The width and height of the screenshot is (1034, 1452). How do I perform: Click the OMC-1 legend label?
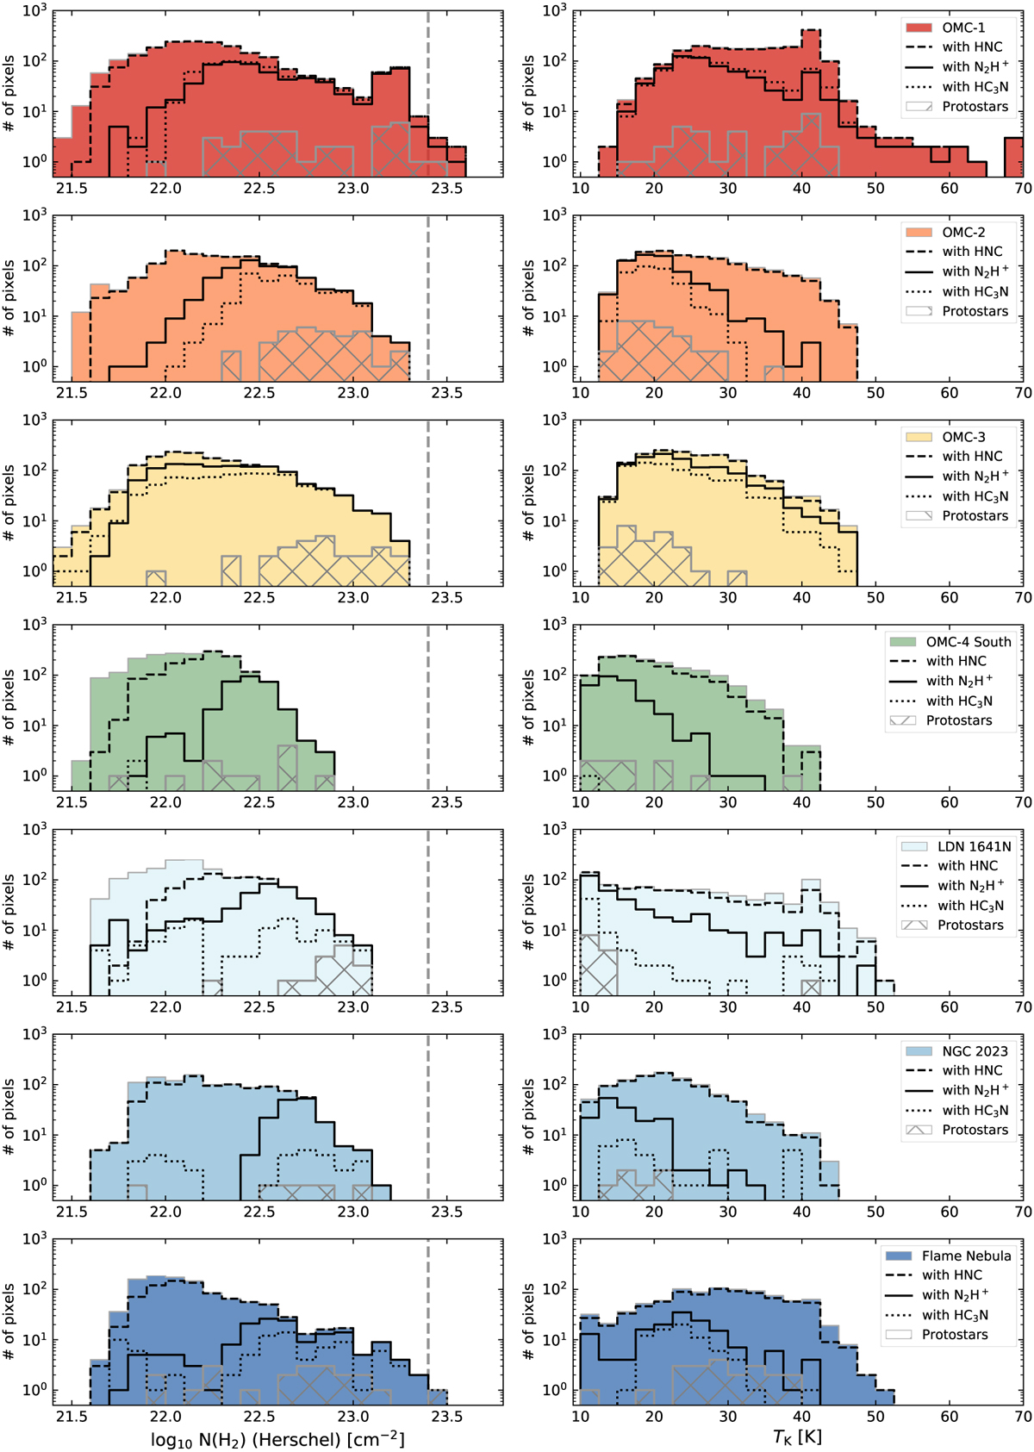click(963, 28)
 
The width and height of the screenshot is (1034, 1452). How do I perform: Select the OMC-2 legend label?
click(963, 232)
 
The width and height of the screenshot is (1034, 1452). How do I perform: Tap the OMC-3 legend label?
click(963, 437)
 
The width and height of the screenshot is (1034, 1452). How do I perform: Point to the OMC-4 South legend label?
click(969, 641)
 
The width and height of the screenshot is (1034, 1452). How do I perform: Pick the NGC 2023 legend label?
click(975, 1050)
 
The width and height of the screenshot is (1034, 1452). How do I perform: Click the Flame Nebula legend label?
click(966, 1256)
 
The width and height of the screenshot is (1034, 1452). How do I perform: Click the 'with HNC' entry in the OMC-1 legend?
click(972, 47)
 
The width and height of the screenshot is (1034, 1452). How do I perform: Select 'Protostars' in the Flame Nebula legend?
click(955, 1334)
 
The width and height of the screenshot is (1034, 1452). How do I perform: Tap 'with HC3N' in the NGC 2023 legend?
click(975, 1110)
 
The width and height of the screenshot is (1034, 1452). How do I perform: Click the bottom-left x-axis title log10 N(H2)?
click(277, 1439)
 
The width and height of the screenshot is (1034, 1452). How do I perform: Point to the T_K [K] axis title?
click(797, 1437)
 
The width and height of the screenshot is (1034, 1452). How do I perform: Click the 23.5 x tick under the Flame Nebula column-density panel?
click(446, 1416)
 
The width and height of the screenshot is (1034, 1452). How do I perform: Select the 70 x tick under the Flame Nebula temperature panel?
click(1023, 1416)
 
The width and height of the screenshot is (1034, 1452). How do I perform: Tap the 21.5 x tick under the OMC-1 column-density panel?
click(72, 188)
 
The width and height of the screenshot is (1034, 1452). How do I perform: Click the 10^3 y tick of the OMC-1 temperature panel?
click(553, 11)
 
